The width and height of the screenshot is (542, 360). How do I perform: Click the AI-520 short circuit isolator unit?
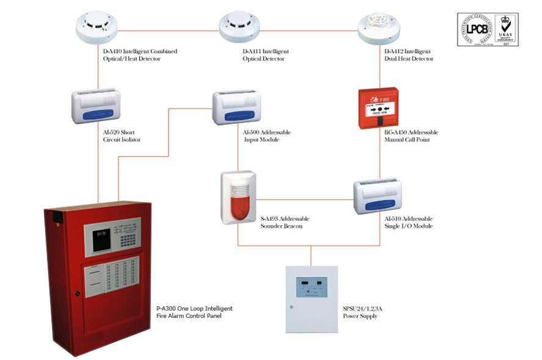[x=96, y=106]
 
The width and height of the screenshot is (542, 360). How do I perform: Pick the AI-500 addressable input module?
[x=237, y=107]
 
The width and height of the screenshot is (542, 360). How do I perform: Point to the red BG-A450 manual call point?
[x=378, y=107]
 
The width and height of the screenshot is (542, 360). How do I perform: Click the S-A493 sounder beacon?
[x=238, y=196]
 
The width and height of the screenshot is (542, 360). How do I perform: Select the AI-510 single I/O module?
[x=377, y=196]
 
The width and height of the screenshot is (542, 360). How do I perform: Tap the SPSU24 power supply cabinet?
[x=311, y=298]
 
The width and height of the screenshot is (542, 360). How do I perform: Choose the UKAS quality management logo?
[x=506, y=29]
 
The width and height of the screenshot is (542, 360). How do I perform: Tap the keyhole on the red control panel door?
[x=78, y=293]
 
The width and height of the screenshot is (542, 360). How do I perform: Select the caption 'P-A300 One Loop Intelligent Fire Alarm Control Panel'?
[x=194, y=312]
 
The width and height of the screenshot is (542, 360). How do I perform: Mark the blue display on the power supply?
[x=311, y=284]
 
